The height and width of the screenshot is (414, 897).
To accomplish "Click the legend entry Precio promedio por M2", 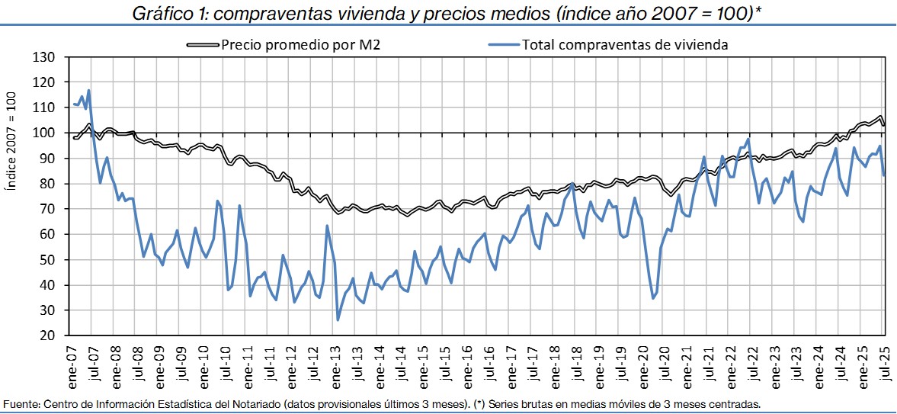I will (300, 44).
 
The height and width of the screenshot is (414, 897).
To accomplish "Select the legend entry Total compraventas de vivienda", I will (625, 44).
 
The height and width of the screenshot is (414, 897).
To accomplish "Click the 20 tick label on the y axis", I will (48, 335).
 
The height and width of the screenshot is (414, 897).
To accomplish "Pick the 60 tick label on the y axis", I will (48, 234).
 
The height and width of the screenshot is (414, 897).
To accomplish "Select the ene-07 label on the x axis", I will (71, 364).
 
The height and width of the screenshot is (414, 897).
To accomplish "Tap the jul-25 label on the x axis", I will (884, 364).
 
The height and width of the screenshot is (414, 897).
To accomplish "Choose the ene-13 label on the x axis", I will (337, 364).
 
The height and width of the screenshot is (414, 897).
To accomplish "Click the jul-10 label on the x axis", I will (226, 364).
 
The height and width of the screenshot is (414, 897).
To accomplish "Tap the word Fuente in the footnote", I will (21, 403).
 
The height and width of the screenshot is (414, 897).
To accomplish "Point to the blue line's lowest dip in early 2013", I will (338, 319).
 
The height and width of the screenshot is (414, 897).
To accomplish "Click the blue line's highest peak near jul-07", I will (89, 91).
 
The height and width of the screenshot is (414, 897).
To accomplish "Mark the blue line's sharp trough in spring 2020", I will (653, 298).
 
